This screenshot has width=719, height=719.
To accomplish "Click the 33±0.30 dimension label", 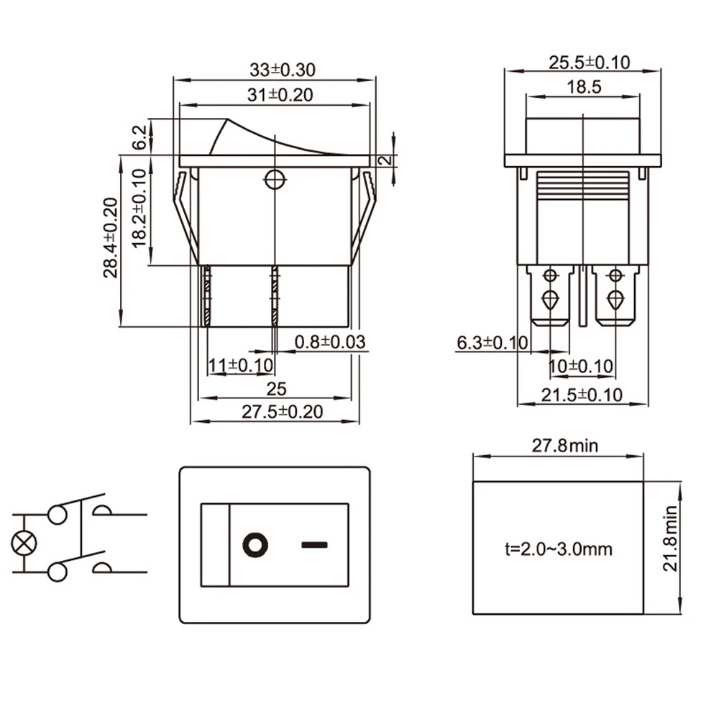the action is [283, 70].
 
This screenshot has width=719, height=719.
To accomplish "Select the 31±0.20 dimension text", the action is [280, 95].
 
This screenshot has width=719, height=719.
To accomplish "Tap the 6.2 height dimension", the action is [140, 137].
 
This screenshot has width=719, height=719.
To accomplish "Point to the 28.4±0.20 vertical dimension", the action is [111, 238].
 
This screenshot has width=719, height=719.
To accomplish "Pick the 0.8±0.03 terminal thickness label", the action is [330, 342].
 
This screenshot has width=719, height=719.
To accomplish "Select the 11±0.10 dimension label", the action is [241, 365].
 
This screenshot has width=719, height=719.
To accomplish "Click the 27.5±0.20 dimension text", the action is [283, 412].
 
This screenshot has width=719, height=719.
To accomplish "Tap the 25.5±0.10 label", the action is [590, 63].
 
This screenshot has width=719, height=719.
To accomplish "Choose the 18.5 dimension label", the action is [584, 87].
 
